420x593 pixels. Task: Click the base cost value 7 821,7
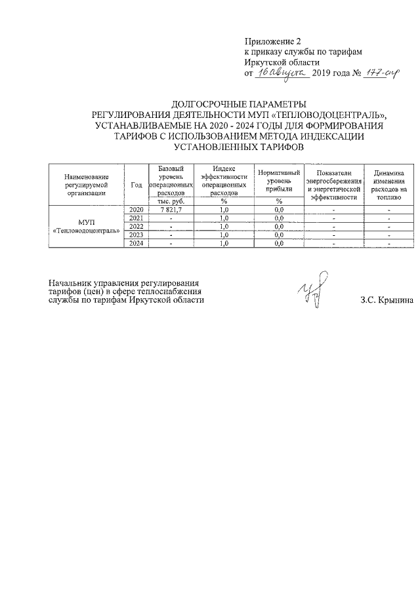tap(171, 209)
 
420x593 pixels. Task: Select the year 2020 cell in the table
tap(136, 209)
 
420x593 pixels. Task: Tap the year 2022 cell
tap(136, 226)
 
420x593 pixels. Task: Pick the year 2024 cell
tap(136, 243)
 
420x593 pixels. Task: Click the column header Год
tap(136, 185)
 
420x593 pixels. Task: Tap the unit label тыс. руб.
tap(171, 201)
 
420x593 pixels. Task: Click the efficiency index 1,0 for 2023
tap(223, 235)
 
